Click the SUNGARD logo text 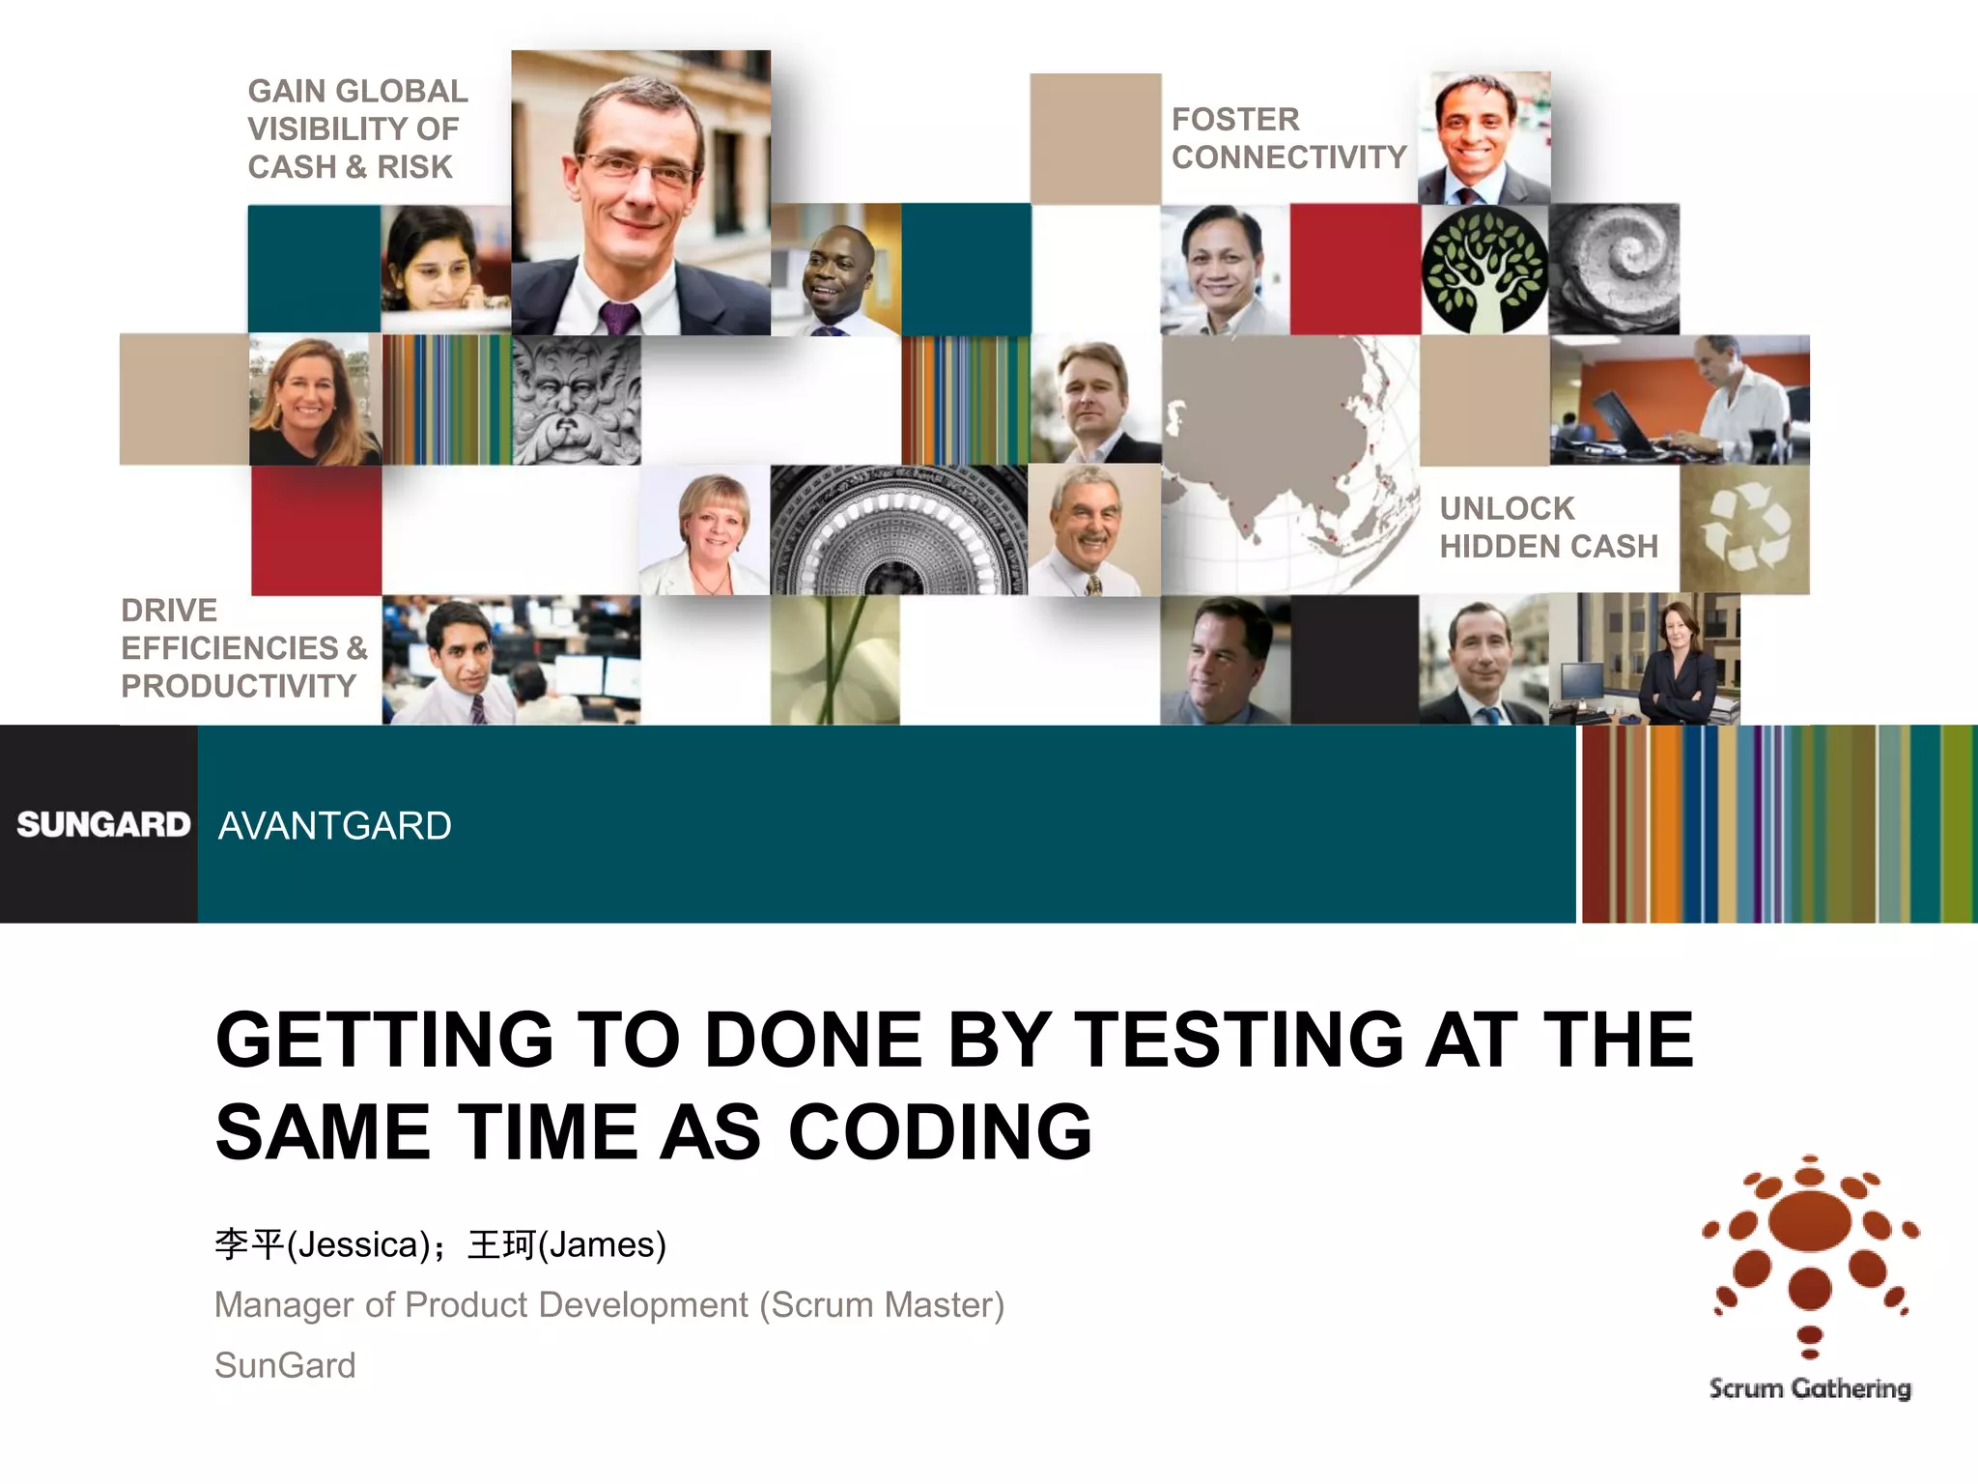(x=103, y=824)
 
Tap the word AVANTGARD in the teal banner (x=334, y=826)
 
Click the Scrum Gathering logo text (x=1810, y=1388)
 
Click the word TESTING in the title (x=1239, y=1040)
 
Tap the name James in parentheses (x=602, y=1244)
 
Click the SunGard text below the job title (x=285, y=1365)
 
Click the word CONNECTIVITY (x=1288, y=157)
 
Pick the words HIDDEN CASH (x=1548, y=546)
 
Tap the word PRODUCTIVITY (x=239, y=686)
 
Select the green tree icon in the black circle (x=1484, y=270)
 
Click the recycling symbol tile (x=1744, y=529)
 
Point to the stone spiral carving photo (x=1614, y=269)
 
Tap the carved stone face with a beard (x=576, y=400)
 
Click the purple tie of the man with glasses (x=617, y=318)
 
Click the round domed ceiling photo (x=898, y=529)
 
